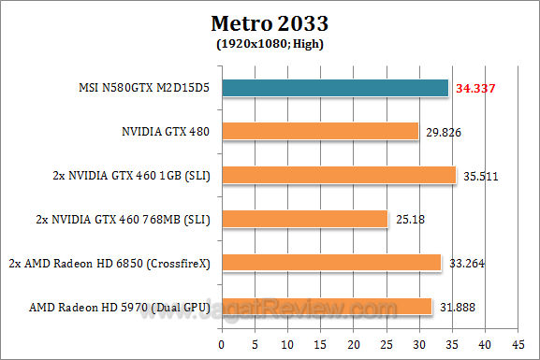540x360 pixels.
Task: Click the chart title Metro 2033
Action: pyautogui.click(x=270, y=22)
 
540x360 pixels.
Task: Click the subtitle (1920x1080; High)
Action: pyautogui.click(x=270, y=42)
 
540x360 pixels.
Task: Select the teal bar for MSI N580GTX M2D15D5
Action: pyautogui.click(x=334, y=89)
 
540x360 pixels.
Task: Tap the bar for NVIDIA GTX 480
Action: pyautogui.click(x=319, y=132)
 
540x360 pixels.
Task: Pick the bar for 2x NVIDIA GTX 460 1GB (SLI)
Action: pyautogui.click(x=338, y=175)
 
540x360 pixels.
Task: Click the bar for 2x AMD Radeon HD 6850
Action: pyautogui.click(x=330, y=263)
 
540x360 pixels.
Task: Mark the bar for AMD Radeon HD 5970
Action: pyautogui.click(x=326, y=306)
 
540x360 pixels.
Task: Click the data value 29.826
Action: pyautogui.click(x=444, y=133)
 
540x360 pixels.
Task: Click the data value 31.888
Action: pyautogui.click(x=456, y=307)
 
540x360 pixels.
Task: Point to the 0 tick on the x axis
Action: pyautogui.click(x=221, y=343)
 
